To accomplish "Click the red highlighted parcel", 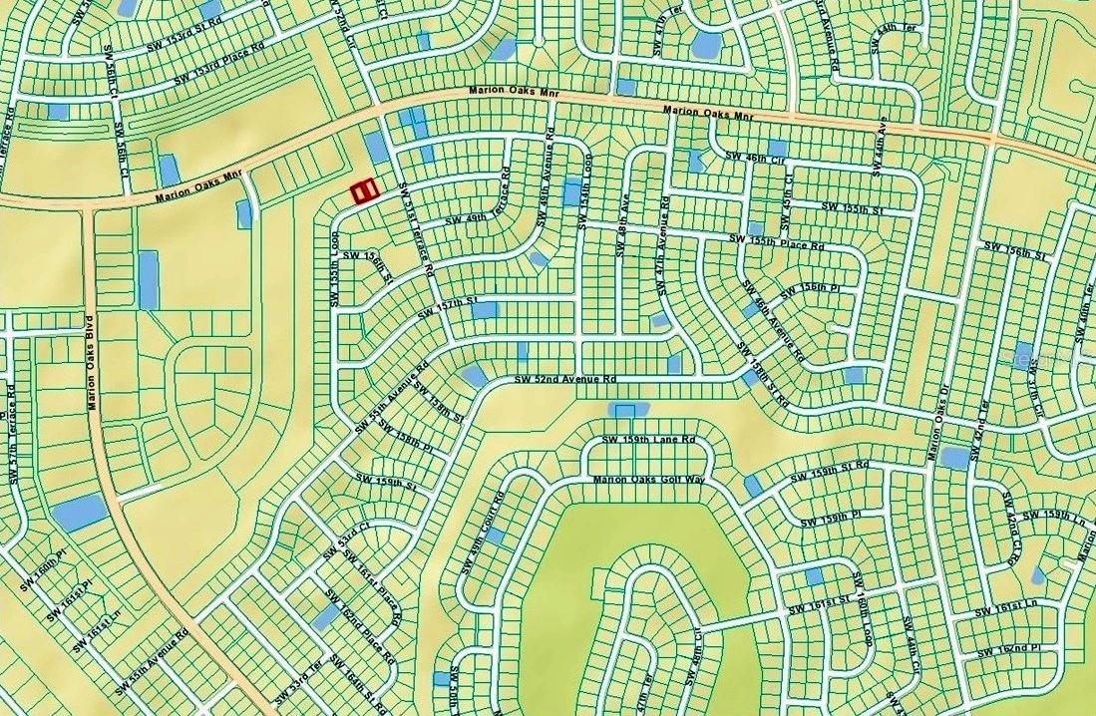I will point(364,191).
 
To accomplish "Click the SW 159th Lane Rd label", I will point(648,440).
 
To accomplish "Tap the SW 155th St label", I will point(853,206).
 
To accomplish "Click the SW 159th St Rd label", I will point(829,472).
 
